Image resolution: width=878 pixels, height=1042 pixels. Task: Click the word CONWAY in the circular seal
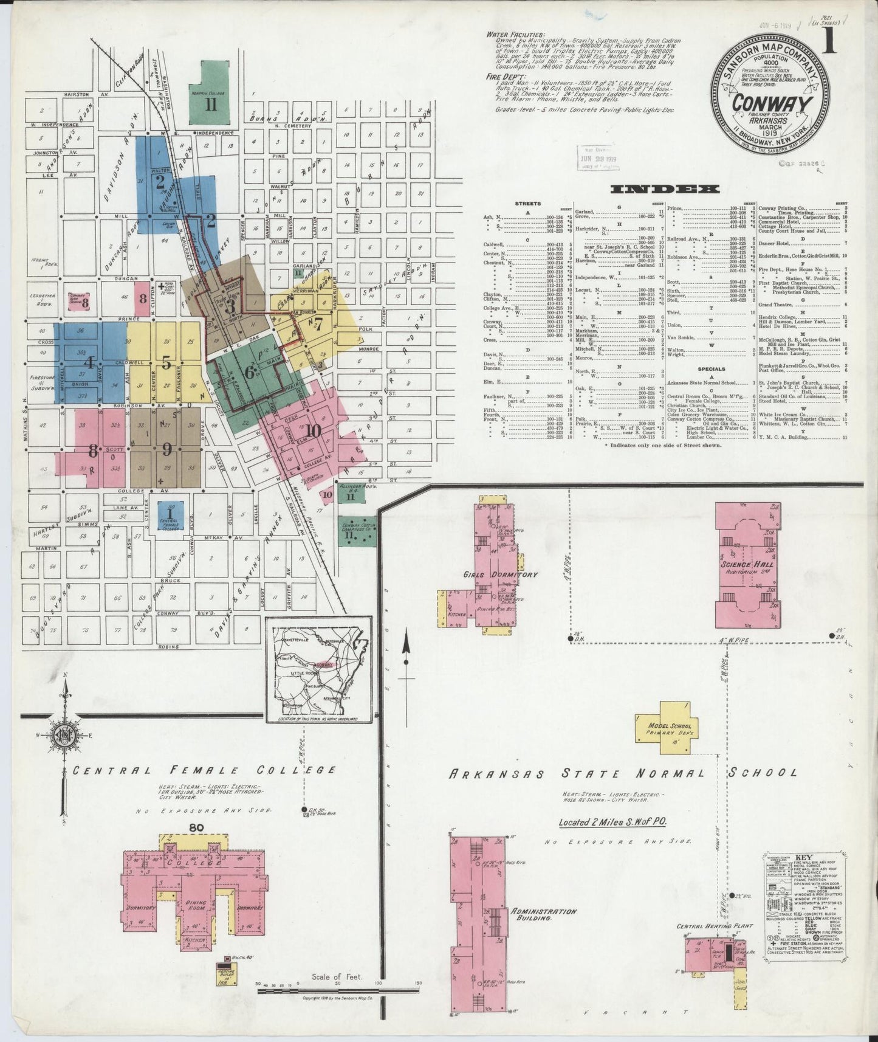point(772,104)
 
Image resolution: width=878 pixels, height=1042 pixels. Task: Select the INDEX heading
point(665,189)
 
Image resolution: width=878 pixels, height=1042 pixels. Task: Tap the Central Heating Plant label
point(715,926)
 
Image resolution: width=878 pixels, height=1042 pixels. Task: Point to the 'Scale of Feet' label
point(337,978)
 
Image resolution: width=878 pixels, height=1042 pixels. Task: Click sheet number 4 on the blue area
point(89,364)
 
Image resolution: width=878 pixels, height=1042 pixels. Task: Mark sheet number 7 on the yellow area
point(317,323)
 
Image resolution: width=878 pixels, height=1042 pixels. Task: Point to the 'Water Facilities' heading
point(516,35)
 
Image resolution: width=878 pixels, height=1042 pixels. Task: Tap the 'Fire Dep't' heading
point(502,77)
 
